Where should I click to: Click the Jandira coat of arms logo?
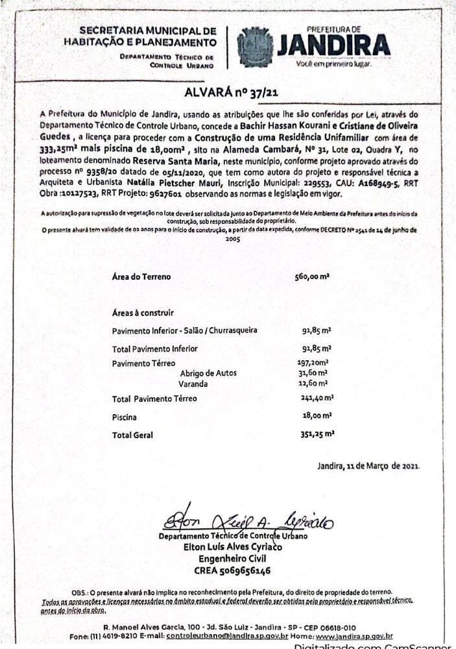coord(255,47)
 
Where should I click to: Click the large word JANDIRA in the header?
coord(333,45)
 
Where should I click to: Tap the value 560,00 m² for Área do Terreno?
coord(313,277)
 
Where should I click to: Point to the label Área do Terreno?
coord(141,277)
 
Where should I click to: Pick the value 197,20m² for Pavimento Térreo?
coord(313,363)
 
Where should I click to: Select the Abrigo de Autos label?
coord(208,373)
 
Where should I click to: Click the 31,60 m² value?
coord(312,373)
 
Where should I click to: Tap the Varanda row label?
coord(193,384)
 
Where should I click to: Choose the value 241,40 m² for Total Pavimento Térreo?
coord(316,398)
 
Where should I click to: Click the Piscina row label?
coord(125,417)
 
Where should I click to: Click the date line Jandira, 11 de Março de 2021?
coord(368,466)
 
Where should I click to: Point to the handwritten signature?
coord(246,520)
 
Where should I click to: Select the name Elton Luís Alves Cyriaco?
coord(233,546)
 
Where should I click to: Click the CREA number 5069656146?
coord(232,571)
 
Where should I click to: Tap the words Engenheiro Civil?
coord(232,559)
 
